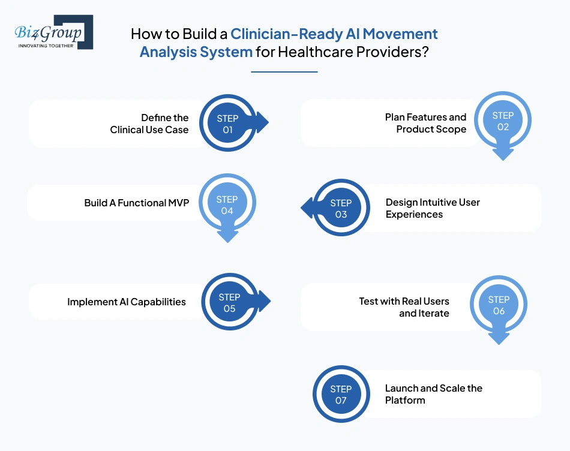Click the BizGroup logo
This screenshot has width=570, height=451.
pyautogui.click(x=53, y=32)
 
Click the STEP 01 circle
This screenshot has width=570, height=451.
pyautogui.click(x=227, y=124)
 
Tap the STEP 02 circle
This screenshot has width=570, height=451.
pyautogui.click(x=503, y=121)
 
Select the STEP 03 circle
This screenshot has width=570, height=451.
pyautogui.click(x=341, y=208)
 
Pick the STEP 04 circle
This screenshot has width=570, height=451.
pyautogui.click(x=227, y=205)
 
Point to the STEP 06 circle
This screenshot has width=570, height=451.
pyautogui.click(x=499, y=305)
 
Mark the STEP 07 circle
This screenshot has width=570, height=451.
pyautogui.click(x=341, y=394)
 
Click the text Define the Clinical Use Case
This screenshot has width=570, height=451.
pyautogui.click(x=149, y=124)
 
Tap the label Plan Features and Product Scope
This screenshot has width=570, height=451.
pyautogui.click(x=425, y=123)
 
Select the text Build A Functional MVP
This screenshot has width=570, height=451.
pyautogui.click(x=136, y=203)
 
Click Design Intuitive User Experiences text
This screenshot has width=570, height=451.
pyautogui.click(x=433, y=208)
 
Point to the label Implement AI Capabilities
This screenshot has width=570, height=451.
pyautogui.click(x=126, y=302)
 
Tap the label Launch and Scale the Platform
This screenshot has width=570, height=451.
pyautogui.click(x=433, y=394)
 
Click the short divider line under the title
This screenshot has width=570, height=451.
pyautogui.click(x=284, y=72)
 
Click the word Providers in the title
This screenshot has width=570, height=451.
pyautogui.click(x=398, y=52)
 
